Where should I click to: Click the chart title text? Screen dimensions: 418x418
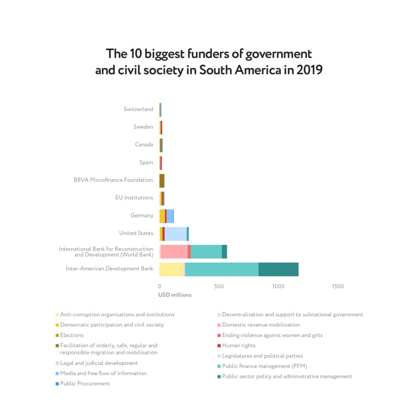(209, 62)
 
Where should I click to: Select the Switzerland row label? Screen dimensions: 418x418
(138, 109)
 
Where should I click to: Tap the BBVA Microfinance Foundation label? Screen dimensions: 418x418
(113, 180)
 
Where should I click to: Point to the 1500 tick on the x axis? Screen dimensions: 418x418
(338, 287)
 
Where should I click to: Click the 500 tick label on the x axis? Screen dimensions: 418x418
(219, 287)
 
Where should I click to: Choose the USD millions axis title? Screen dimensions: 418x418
(175, 295)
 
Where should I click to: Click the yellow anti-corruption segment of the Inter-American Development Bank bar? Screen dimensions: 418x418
(171, 269)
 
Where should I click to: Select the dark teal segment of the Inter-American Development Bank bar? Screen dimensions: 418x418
(278, 269)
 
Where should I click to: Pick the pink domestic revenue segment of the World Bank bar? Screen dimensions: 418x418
(174, 251)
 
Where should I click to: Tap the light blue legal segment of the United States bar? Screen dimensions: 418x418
(176, 234)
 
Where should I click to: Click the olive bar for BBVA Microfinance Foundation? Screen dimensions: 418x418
(162, 180)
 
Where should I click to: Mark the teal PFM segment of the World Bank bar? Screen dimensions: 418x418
(206, 251)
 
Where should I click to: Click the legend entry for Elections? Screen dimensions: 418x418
(72, 335)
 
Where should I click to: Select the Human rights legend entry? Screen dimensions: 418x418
(238, 346)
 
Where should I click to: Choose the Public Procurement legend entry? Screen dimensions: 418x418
(85, 384)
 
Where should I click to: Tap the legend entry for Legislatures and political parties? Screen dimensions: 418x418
(262, 356)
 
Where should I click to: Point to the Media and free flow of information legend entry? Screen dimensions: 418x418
(103, 374)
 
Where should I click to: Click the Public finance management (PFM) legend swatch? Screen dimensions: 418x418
(219, 367)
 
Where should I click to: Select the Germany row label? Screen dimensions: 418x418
(142, 216)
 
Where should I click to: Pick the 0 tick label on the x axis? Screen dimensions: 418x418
(159, 287)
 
